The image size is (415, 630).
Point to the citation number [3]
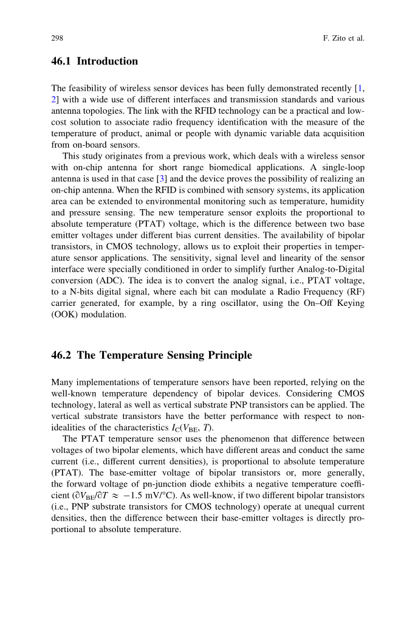tap(162, 179)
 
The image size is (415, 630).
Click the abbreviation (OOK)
tap(63, 315)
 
